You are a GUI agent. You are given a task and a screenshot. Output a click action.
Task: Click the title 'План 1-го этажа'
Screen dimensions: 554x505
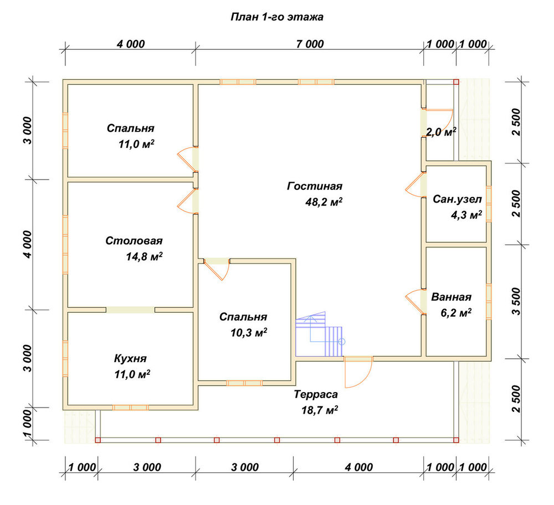276,17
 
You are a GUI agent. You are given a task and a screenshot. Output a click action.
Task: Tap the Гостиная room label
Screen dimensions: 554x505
315,186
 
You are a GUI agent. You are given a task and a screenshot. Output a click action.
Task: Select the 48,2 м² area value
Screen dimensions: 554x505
324,202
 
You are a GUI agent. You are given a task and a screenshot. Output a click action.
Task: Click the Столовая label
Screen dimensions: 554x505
134,241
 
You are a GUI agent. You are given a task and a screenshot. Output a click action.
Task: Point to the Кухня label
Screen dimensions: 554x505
130,359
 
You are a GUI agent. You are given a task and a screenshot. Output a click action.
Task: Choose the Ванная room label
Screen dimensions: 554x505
451,297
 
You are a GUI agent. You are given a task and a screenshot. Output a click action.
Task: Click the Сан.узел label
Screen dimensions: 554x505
457,199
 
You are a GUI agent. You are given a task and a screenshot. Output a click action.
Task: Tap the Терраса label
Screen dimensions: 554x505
316,394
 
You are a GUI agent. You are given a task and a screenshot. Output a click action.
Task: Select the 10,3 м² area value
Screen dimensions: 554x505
249,333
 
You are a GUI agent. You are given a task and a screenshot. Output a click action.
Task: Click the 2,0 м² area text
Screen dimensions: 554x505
441,132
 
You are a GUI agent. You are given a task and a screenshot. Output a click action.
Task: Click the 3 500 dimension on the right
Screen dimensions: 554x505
516,301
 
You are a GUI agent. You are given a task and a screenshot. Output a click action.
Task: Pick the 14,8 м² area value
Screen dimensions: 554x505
144,256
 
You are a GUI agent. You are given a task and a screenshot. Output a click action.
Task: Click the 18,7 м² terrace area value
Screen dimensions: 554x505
320,410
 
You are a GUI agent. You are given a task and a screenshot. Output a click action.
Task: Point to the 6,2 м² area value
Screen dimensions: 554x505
456,313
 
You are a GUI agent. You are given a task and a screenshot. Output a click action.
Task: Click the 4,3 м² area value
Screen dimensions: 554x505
466,215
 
